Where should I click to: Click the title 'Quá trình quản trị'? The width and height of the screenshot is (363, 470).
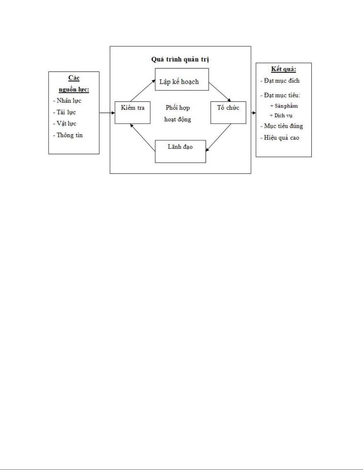click(x=180, y=59)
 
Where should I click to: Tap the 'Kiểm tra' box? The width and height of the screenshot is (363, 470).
click(x=132, y=112)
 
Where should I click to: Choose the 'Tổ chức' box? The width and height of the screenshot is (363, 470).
click(x=228, y=112)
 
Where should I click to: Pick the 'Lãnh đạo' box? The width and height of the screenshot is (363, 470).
click(x=180, y=151)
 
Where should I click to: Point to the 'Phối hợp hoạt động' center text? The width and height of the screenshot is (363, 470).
click(x=177, y=113)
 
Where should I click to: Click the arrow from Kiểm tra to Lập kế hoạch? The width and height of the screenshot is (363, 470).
click(x=143, y=90)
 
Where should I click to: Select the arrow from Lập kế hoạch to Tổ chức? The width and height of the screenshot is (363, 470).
click(x=220, y=92)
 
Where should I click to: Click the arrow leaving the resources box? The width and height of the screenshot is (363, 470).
click(x=107, y=113)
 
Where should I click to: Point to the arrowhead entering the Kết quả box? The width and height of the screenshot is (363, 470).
click(x=254, y=113)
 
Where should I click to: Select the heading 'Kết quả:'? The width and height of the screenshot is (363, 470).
click(x=284, y=69)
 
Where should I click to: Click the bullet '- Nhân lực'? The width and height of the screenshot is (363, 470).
click(x=67, y=101)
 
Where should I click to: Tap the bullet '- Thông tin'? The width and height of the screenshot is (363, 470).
click(x=68, y=135)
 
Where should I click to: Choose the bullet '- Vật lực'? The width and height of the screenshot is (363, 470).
click(x=65, y=124)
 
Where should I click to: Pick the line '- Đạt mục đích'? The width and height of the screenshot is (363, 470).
click(x=280, y=81)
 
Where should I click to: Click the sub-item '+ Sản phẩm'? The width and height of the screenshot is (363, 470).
click(x=284, y=106)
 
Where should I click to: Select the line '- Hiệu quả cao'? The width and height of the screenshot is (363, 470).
click(x=280, y=138)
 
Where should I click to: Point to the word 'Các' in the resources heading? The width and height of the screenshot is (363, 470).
click(x=74, y=78)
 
